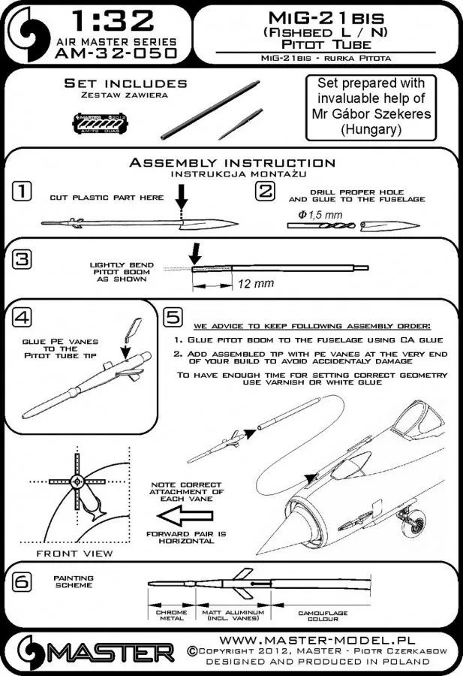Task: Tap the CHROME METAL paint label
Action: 170,615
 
